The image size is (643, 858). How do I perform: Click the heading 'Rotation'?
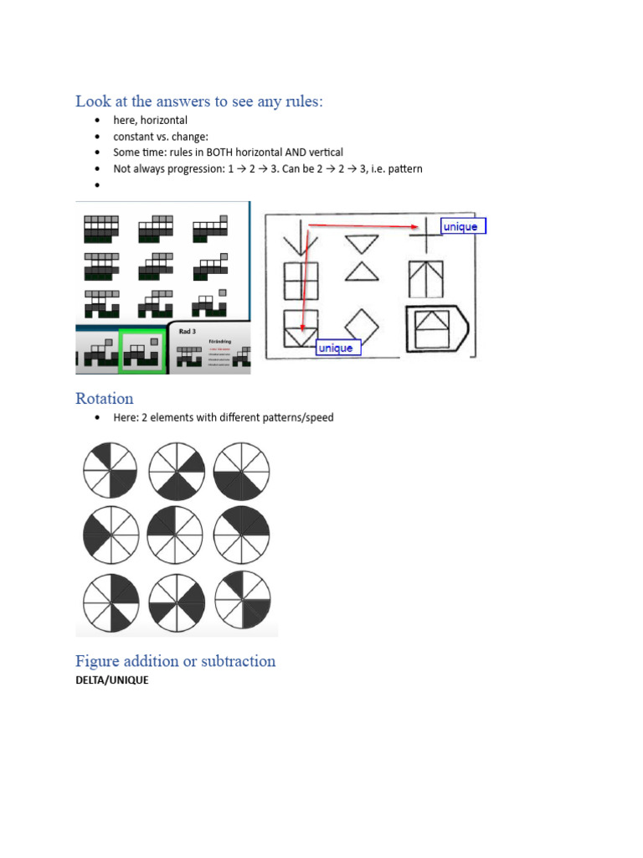click(x=104, y=397)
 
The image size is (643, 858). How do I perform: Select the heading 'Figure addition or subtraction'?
click(x=175, y=661)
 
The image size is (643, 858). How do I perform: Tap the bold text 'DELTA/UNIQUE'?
click(x=112, y=680)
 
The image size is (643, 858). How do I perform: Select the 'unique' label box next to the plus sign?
click(x=463, y=226)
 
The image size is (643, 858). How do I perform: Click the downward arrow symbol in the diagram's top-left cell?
click(x=296, y=235)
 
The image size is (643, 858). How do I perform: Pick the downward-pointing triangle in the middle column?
click(x=363, y=243)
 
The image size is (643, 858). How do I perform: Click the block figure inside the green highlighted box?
click(x=143, y=349)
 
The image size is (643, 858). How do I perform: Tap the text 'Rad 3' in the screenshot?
click(x=189, y=331)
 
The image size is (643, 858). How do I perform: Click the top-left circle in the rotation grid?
click(x=111, y=470)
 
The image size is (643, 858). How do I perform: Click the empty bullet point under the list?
click(x=98, y=184)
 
